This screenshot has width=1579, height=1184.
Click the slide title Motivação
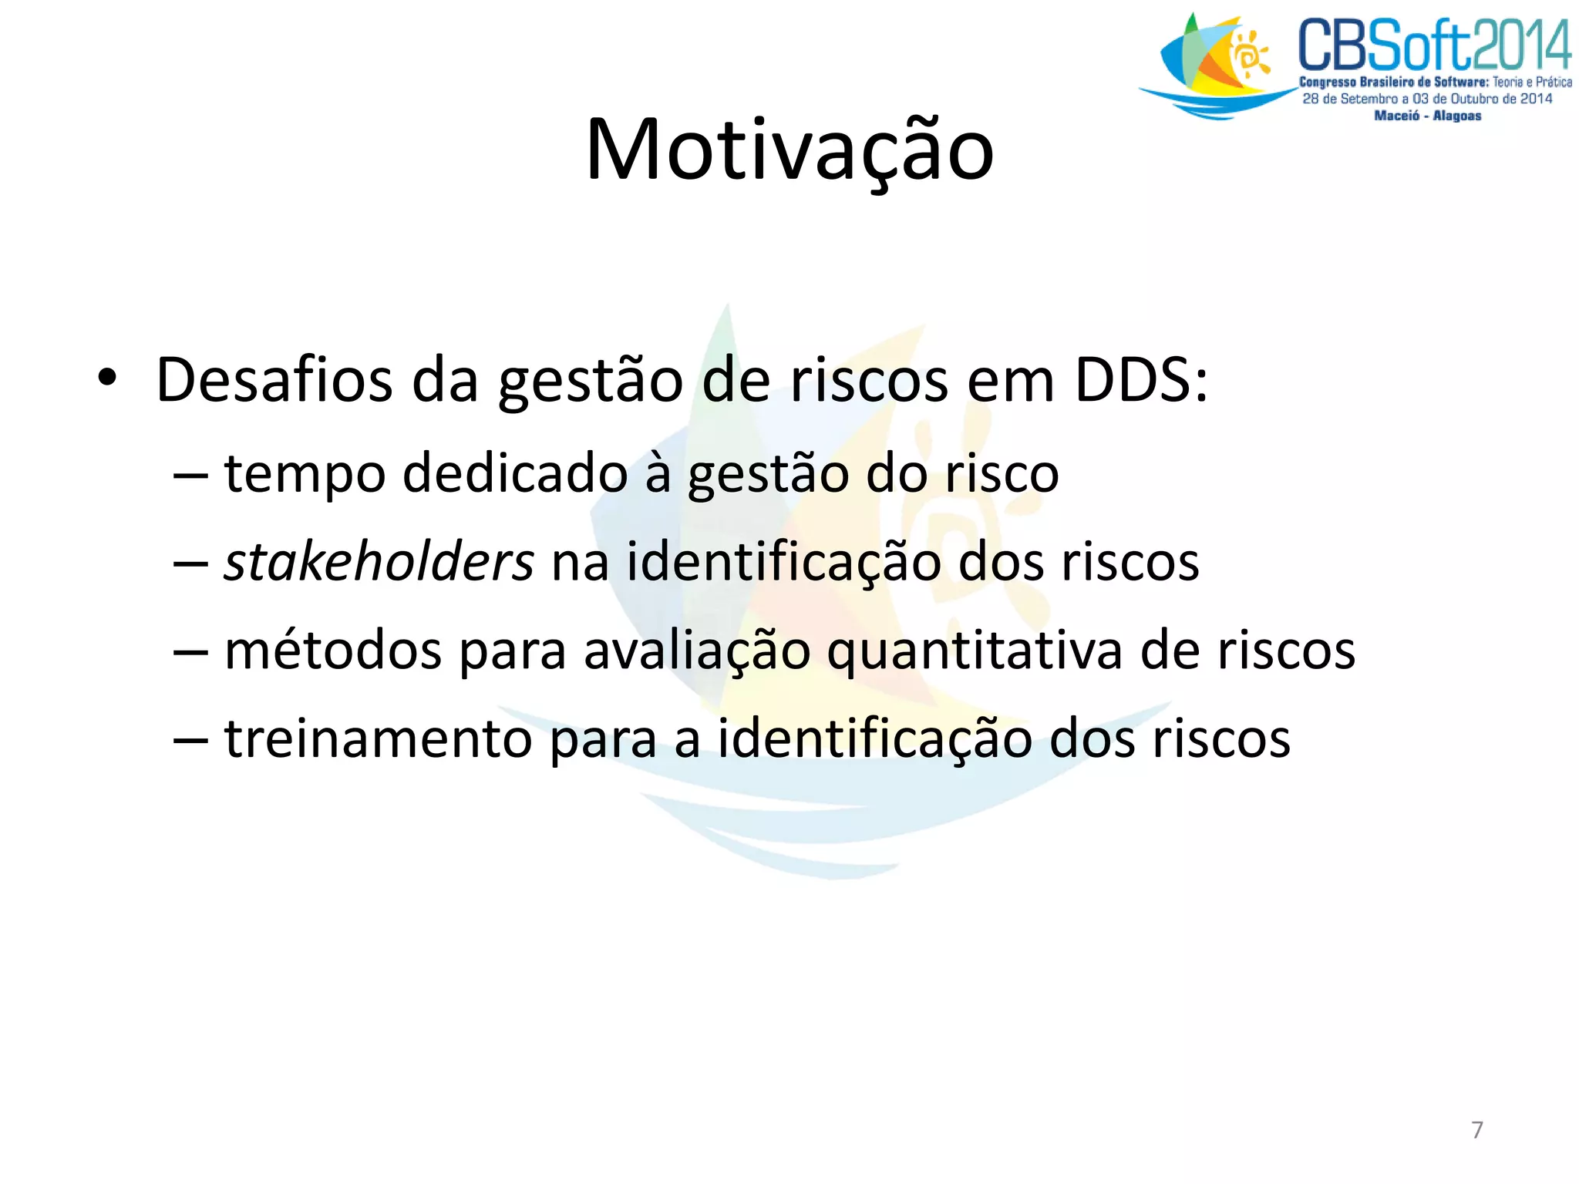789,150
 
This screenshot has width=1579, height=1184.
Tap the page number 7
1476,1129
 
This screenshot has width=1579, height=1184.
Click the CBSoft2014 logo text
1434,46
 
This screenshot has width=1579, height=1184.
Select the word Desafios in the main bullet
274,380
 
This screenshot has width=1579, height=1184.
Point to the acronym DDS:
1141,380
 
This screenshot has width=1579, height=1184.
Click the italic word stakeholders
379,561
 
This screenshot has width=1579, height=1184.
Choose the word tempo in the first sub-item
305,473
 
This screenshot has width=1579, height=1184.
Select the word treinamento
379,738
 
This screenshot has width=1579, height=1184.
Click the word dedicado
515,473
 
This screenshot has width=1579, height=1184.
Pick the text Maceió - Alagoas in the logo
1427,116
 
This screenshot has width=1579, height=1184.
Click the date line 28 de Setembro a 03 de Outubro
1427,99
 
